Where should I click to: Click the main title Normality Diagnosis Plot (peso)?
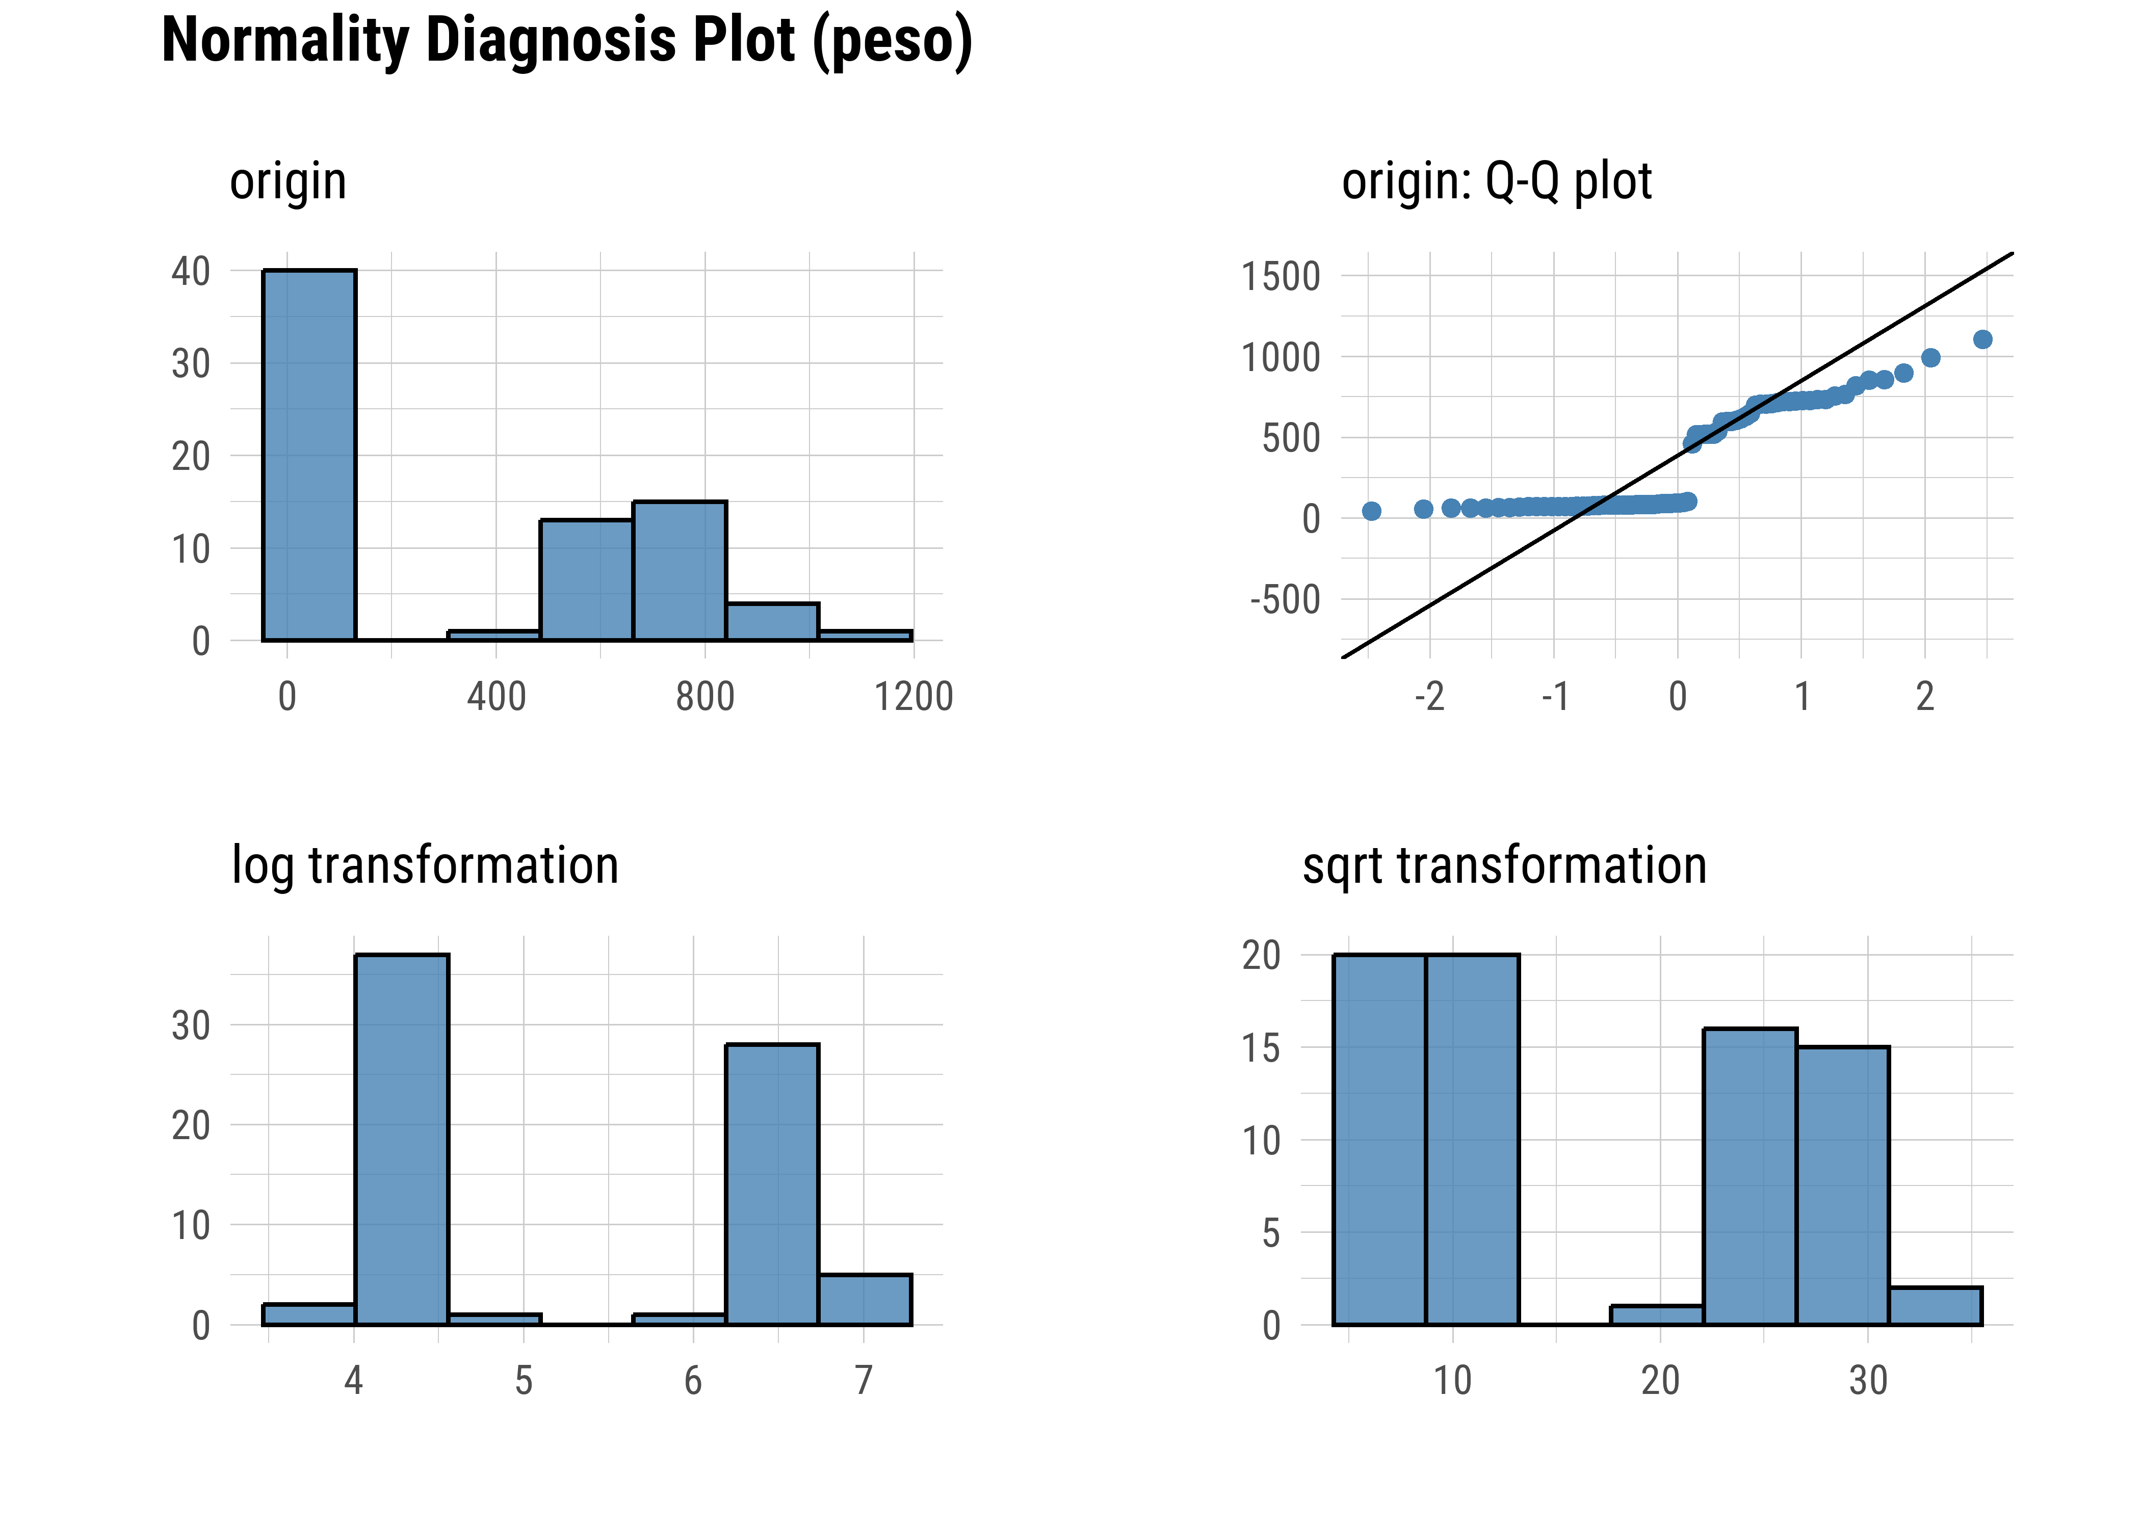click(x=567, y=41)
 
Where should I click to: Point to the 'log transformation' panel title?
click(x=425, y=865)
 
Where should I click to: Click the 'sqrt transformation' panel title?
click(x=1504, y=865)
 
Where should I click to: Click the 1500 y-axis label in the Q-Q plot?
click(x=1281, y=278)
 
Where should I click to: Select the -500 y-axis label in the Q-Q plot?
click(x=1285, y=600)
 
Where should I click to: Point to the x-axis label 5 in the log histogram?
click(x=524, y=1381)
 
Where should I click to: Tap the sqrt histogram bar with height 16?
click(x=1750, y=1177)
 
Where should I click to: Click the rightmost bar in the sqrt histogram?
click(x=1935, y=1306)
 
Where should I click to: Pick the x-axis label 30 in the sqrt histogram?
click(x=1868, y=1381)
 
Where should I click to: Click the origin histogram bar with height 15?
click(x=679, y=570)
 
